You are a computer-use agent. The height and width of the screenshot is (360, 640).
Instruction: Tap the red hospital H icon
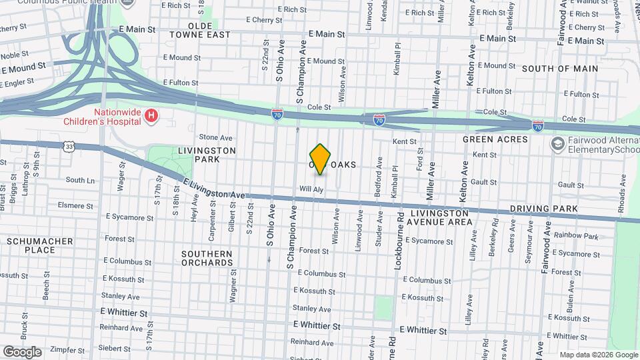152,117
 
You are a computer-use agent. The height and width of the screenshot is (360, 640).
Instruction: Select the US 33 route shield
69,146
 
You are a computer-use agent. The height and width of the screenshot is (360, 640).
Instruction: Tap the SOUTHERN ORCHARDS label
207,258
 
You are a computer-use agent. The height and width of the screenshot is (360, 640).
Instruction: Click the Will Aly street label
311,189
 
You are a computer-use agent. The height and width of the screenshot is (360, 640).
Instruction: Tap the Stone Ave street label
215,137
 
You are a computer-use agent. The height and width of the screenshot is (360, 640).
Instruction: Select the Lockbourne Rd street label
401,241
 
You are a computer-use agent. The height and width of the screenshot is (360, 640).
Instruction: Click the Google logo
22,352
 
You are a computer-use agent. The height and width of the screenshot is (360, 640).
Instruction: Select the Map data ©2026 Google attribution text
598,355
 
